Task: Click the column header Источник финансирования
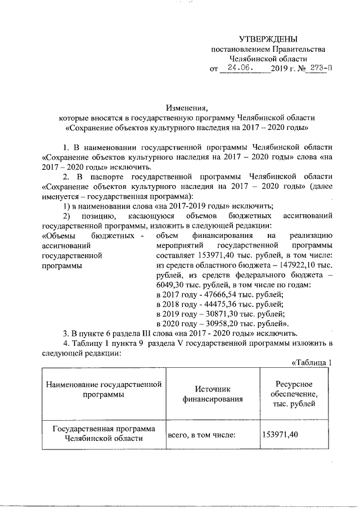pos(211,395)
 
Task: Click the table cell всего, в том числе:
pos(200,434)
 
